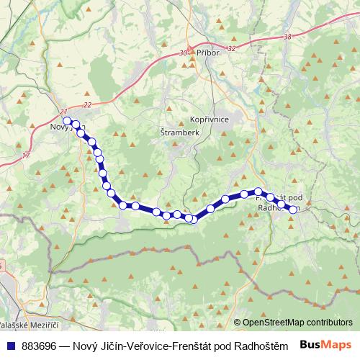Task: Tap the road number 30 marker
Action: (183, 53)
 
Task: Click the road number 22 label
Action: (87, 105)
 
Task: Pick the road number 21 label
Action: (64, 111)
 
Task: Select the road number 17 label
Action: (27, 155)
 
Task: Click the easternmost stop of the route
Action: (293, 210)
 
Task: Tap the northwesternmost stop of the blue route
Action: (67, 121)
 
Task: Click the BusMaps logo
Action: (328, 345)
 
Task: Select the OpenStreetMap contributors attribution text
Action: (297, 323)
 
